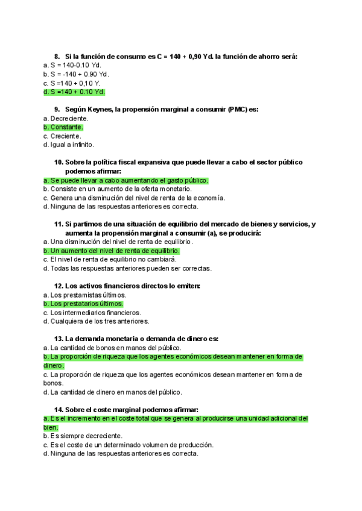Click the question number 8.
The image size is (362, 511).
tap(57, 57)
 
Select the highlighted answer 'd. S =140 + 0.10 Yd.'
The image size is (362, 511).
tap(74, 92)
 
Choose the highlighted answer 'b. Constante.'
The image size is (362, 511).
tap(63, 127)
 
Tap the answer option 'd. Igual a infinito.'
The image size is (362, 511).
tap(69, 145)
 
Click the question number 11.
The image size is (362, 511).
tap(59, 224)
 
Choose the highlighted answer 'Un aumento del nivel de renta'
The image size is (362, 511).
tap(112, 251)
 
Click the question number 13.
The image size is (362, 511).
tap(59, 339)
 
